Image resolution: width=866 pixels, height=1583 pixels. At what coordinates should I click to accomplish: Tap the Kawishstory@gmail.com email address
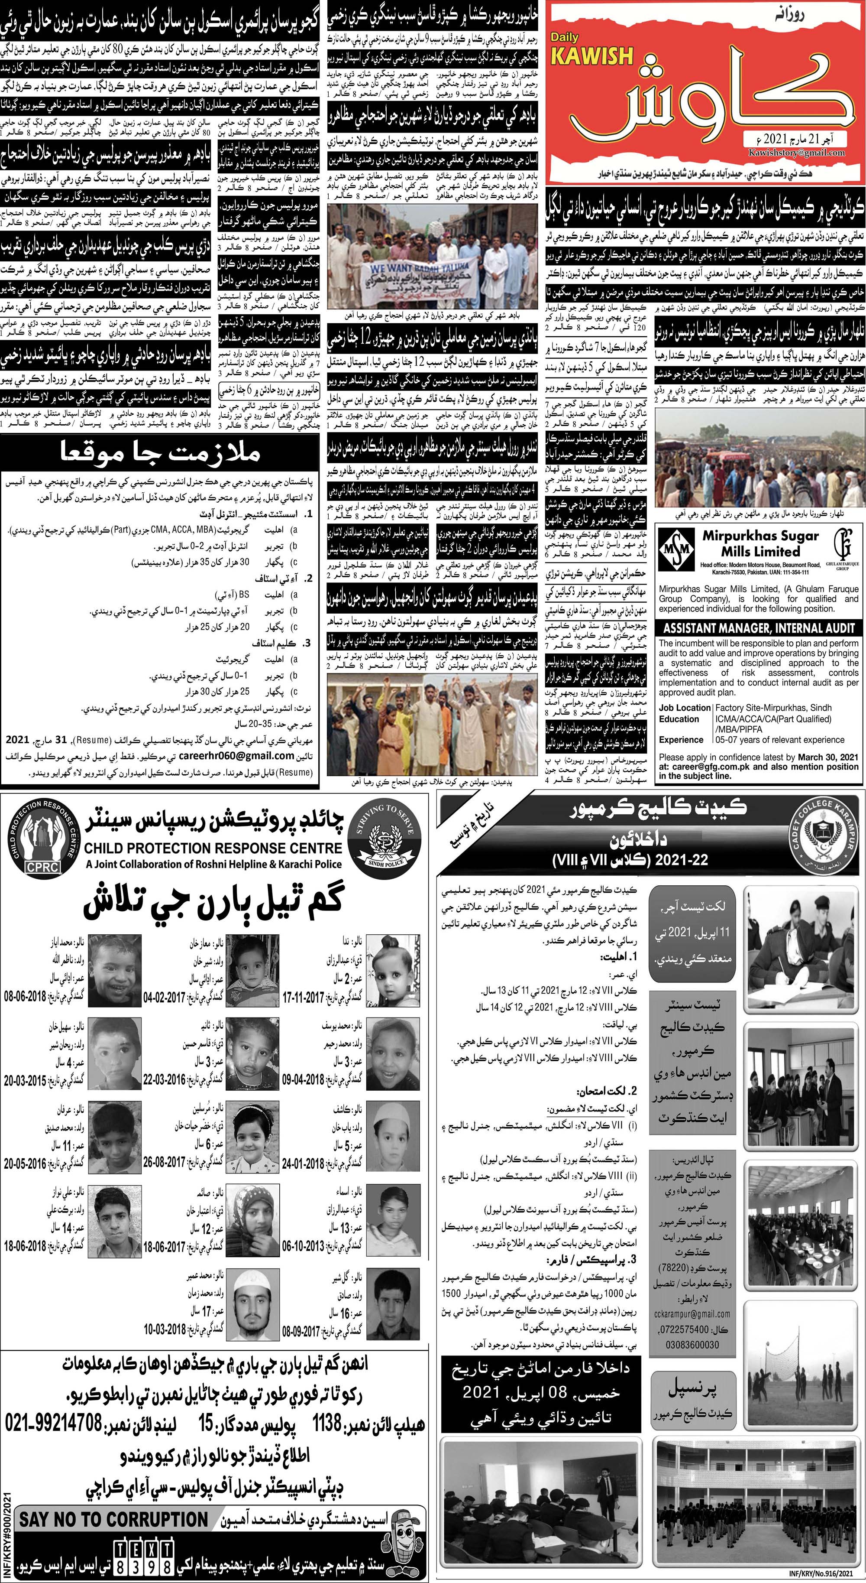[x=797, y=153]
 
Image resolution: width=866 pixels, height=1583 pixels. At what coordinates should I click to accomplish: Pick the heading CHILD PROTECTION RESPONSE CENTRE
[x=214, y=848]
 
